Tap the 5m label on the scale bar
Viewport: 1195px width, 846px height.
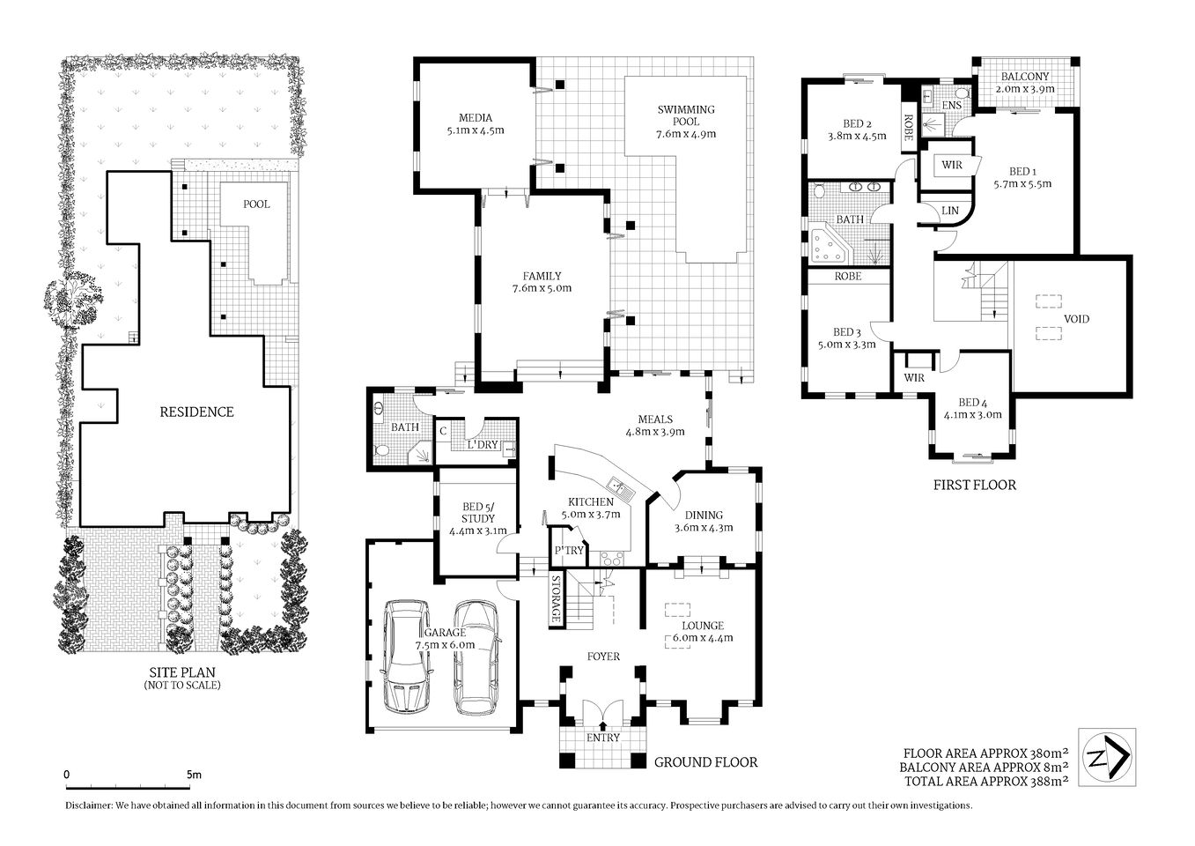point(194,775)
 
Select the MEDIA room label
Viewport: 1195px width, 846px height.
point(475,118)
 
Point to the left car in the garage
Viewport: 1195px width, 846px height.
point(406,654)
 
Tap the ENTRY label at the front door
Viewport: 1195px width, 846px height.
point(603,738)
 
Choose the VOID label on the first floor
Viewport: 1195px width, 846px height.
point(1076,319)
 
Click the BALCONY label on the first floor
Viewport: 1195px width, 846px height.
point(1024,76)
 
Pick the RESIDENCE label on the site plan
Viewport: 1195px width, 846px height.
point(196,412)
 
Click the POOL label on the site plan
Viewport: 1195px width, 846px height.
point(256,204)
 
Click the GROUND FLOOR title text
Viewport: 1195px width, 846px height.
point(705,762)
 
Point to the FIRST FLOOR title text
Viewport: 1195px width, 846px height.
point(974,485)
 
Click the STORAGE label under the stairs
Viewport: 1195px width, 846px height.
point(556,599)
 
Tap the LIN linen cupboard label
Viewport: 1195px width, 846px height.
point(949,211)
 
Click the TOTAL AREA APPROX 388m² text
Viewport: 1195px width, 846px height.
point(984,780)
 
